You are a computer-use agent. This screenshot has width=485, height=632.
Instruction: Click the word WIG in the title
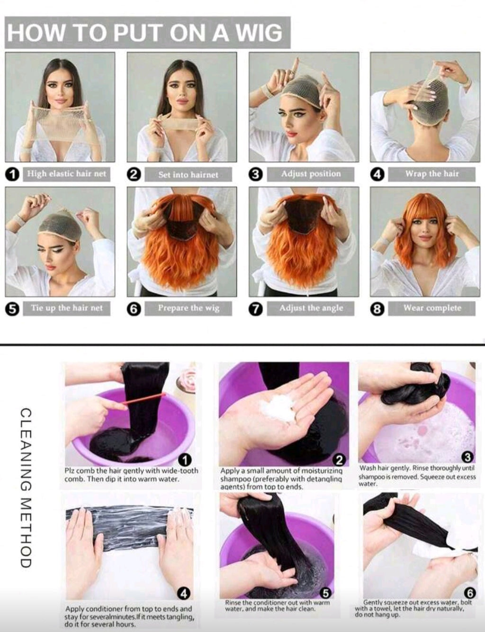click(258, 32)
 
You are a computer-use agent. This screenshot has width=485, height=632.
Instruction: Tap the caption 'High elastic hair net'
click(67, 174)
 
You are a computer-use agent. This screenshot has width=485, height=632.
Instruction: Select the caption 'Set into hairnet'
click(188, 174)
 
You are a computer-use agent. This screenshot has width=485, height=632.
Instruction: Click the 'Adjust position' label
click(311, 174)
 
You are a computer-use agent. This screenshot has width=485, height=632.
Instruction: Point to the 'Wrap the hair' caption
click(432, 174)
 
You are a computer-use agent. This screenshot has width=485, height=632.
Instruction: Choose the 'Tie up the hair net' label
click(67, 308)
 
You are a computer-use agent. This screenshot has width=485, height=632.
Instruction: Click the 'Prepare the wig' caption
click(189, 308)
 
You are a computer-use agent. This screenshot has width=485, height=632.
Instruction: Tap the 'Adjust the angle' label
click(311, 308)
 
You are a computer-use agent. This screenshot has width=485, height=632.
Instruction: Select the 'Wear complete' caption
click(432, 308)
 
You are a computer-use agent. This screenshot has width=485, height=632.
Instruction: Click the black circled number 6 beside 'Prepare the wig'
click(134, 309)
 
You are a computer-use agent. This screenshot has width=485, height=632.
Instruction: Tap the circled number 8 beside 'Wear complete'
click(377, 309)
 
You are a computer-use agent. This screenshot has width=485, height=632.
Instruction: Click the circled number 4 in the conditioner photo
click(184, 594)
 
